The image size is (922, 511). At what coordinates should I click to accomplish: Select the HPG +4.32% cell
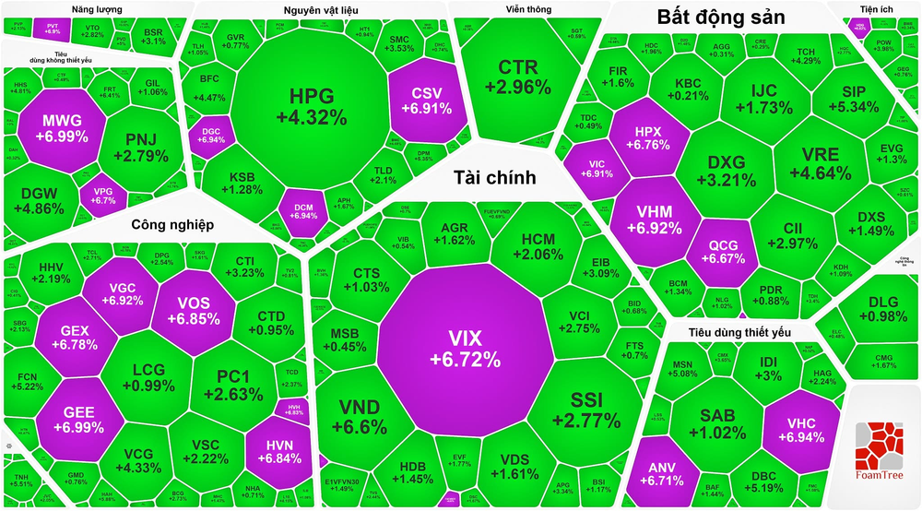311,106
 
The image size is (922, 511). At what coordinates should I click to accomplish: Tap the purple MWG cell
62,128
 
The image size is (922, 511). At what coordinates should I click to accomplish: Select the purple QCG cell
723,252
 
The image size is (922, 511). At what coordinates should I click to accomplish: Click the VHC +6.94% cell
799,423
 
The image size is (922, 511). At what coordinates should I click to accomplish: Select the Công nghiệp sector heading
171,224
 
